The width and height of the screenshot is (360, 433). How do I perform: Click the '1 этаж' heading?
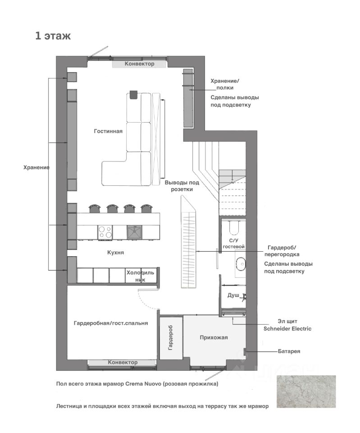(53, 36)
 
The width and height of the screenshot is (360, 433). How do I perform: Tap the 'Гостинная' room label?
(108, 131)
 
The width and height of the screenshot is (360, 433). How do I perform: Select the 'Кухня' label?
(116, 253)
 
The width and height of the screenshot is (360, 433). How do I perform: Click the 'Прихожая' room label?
(214, 337)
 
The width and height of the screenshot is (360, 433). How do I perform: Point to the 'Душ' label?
(233, 295)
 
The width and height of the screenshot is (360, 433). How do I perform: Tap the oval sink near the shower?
(241, 264)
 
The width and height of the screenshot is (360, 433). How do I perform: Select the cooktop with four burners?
(105, 232)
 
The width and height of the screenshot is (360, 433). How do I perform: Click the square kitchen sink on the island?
(134, 232)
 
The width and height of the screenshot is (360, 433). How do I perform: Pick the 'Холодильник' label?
(140, 276)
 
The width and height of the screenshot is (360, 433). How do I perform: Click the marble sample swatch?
(306, 392)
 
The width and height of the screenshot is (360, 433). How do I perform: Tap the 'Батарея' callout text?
(289, 351)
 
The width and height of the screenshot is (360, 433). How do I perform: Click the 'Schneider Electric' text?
(287, 329)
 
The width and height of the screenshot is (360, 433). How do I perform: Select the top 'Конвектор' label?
(139, 64)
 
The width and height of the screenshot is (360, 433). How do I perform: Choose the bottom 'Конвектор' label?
(123, 362)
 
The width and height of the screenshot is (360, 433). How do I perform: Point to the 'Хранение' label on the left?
(36, 167)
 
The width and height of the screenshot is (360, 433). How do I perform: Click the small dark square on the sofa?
(134, 95)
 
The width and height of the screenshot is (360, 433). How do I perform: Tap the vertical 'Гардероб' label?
(171, 337)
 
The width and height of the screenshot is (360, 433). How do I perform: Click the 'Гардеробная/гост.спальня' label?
(111, 323)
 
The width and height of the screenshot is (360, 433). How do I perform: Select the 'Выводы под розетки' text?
(182, 186)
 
